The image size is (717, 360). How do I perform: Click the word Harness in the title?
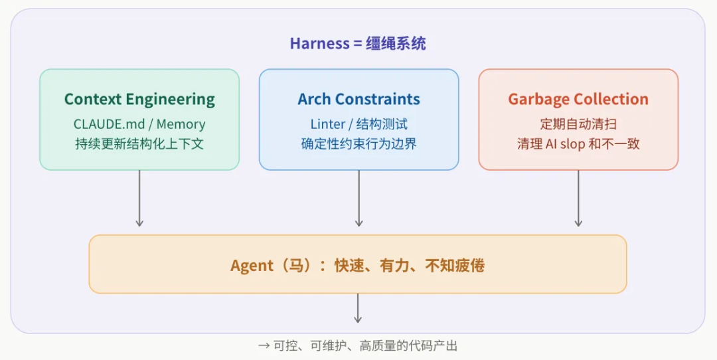(319, 44)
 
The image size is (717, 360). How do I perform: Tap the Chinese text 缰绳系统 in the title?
(396, 44)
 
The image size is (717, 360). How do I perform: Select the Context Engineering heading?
(139, 100)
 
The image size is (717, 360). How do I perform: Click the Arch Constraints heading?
(358, 100)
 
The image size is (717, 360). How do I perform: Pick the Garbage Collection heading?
(578, 100)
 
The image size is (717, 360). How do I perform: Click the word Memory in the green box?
(181, 124)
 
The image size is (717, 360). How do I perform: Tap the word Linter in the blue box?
(328, 124)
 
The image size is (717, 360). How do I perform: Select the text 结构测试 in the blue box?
(383, 124)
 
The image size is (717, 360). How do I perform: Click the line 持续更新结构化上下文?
(139, 143)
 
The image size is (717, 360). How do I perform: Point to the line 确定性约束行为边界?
(358, 143)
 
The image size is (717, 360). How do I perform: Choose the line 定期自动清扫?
(578, 124)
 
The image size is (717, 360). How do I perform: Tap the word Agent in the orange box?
(252, 266)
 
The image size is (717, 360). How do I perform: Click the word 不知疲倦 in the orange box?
(455, 266)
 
